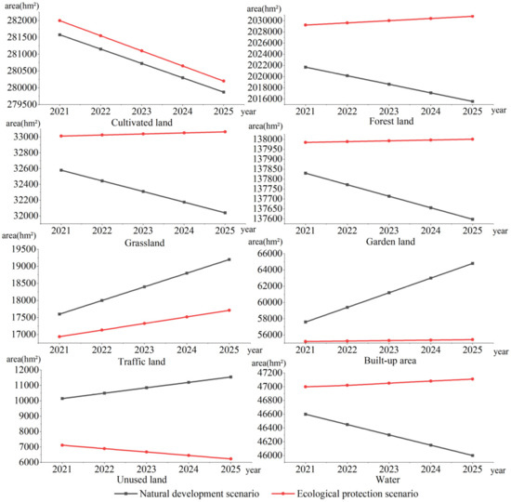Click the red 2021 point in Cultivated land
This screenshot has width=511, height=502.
click(x=60, y=20)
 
